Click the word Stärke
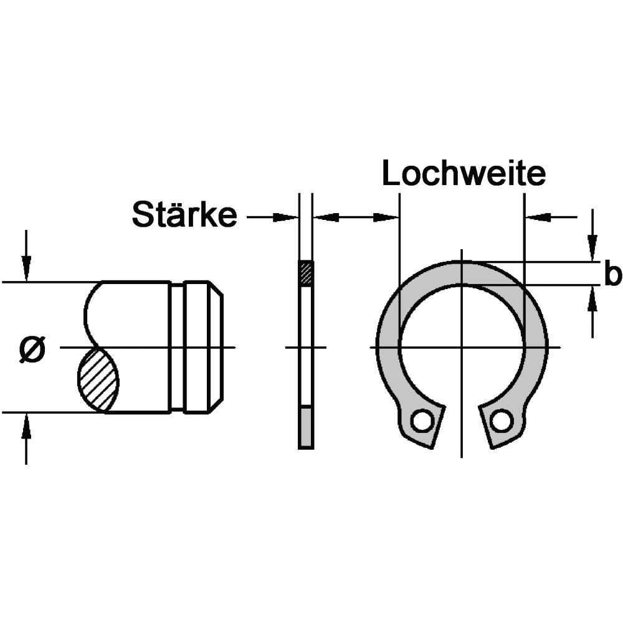pos(184,214)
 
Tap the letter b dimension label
pos(612,273)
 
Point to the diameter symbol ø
pos(32,350)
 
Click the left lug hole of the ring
pos(422,421)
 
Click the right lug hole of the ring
pos(501,421)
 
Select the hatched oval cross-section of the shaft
pos(98,379)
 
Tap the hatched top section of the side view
pos(306,273)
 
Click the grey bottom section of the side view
pos(306,427)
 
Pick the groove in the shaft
pos(177,347)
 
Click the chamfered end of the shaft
pos(216,347)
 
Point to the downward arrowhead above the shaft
pos(26,269)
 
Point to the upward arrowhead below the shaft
pos(26,426)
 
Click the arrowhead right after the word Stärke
pos(285,217)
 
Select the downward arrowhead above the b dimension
pos(592,249)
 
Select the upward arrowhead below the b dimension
pos(592,298)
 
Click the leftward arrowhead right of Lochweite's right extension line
pos(538,217)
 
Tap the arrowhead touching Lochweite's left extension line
pos(386,217)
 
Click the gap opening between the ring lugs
pos(461,421)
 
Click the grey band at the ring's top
pos(461,273)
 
